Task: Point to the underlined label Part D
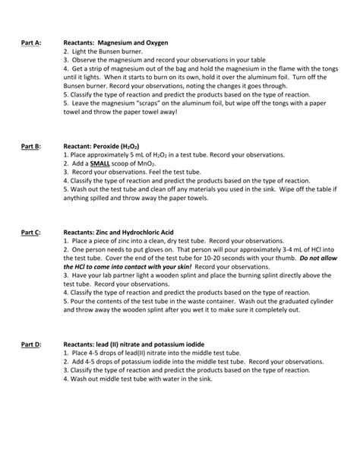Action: click(33, 344)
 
